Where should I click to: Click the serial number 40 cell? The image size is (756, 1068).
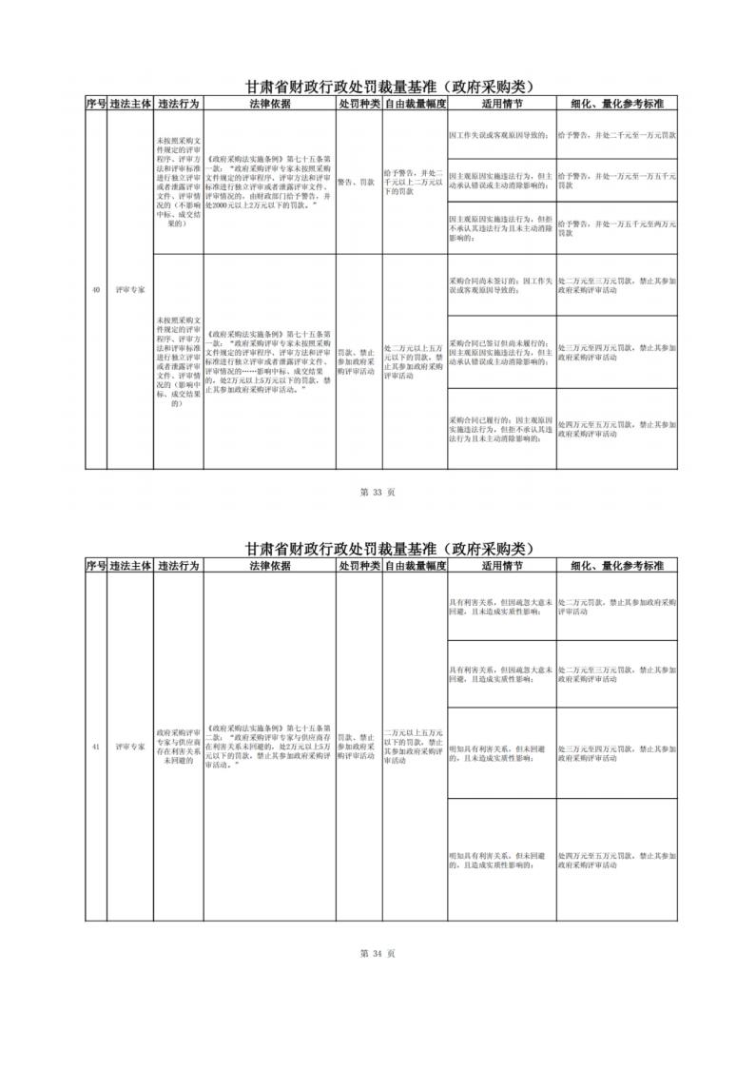(x=95, y=290)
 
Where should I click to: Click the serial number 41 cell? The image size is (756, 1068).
(x=95, y=747)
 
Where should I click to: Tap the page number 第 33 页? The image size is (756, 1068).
(x=378, y=492)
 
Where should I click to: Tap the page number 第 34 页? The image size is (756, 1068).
(x=378, y=950)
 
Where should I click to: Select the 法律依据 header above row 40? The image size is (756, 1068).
(x=269, y=103)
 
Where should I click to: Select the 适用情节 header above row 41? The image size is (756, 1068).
(x=501, y=565)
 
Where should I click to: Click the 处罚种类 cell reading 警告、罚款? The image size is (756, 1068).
(x=358, y=180)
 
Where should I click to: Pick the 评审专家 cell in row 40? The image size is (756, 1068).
(x=129, y=290)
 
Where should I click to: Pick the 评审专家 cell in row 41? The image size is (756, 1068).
(x=129, y=747)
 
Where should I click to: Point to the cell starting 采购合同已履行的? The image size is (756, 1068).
(x=501, y=429)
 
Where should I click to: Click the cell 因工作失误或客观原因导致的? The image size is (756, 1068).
(x=501, y=135)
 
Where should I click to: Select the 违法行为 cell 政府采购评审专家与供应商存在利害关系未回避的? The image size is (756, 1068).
(x=177, y=747)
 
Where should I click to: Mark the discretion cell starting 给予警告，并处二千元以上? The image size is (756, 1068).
(x=413, y=180)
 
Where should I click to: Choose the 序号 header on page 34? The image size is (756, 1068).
(x=95, y=565)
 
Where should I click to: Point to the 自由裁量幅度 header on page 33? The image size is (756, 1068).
(x=413, y=103)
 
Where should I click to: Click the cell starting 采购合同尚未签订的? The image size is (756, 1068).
(x=501, y=285)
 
